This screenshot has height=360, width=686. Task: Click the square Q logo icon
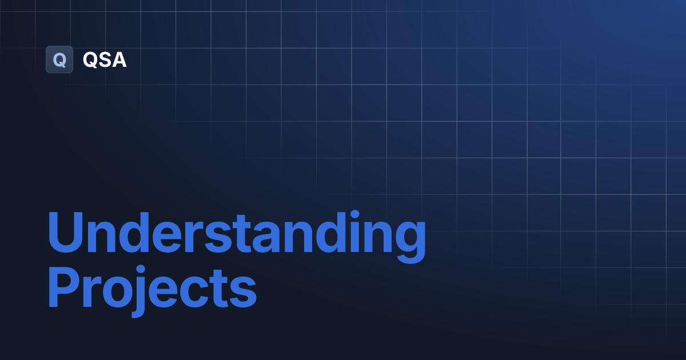pos(59,59)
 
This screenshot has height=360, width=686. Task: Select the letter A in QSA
pos(119,59)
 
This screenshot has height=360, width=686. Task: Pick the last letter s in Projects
pos(242,293)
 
